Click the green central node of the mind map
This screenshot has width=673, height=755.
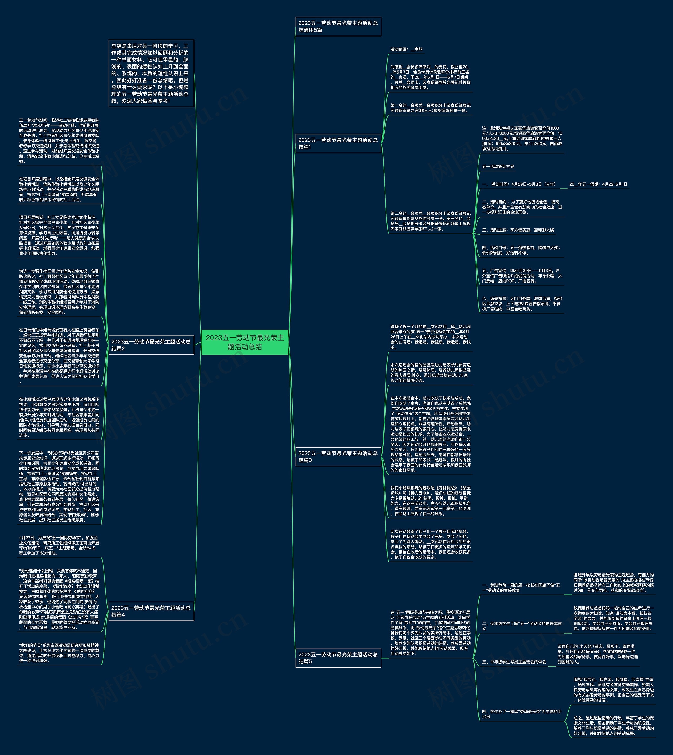click(245, 342)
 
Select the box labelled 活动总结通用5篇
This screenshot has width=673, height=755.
click(338, 27)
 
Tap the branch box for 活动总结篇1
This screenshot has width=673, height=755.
click(338, 143)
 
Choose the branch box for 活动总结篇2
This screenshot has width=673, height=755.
click(151, 345)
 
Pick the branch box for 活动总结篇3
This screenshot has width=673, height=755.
click(338, 456)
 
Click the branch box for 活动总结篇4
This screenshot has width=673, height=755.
click(151, 611)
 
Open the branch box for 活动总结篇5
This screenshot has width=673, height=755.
click(338, 658)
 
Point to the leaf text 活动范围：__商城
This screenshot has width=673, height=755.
click(406, 49)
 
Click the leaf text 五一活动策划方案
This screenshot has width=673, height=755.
click(498, 167)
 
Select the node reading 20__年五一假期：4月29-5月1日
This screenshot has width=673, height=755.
click(598, 184)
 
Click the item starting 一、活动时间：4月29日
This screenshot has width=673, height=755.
click(518, 184)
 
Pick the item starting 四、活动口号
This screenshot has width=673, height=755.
click(521, 250)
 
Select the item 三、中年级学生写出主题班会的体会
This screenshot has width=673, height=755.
click(514, 661)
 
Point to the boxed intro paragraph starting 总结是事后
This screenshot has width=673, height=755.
click(151, 73)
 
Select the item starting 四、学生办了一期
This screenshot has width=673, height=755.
click(521, 714)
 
